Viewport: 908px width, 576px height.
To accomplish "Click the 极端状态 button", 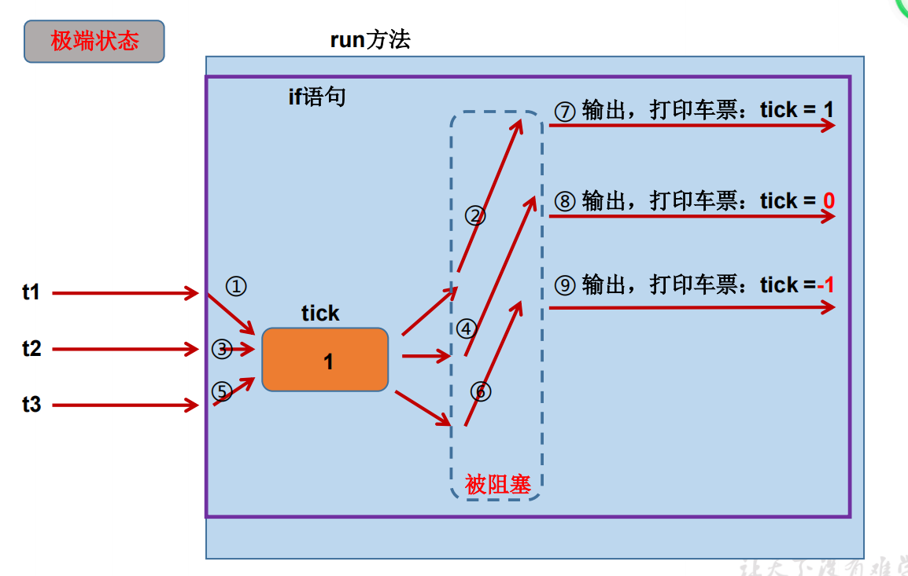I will pyautogui.click(x=94, y=42).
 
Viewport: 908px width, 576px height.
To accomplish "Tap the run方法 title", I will pyautogui.click(x=370, y=40).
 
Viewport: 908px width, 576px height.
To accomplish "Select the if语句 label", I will pyautogui.click(x=317, y=97).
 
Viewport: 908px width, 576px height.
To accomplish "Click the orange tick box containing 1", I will pyautogui.click(x=325, y=360).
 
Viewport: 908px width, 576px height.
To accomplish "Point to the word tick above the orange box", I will pyautogui.click(x=320, y=313).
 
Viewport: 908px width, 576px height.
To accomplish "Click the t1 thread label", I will pyautogui.click(x=31, y=293).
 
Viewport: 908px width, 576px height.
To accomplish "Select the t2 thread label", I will pyautogui.click(x=31, y=349).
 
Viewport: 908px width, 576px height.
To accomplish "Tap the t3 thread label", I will pyautogui.click(x=31, y=405).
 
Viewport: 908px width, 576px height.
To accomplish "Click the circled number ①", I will pyautogui.click(x=235, y=286).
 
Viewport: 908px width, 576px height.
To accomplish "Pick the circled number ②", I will pyautogui.click(x=475, y=215).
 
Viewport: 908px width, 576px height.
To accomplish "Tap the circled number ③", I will pyautogui.click(x=223, y=349).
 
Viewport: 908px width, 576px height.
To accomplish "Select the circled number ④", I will pyautogui.click(x=467, y=328).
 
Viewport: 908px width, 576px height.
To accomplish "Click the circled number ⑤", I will pyautogui.click(x=223, y=391).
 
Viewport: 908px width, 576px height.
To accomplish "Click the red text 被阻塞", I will pyautogui.click(x=498, y=484).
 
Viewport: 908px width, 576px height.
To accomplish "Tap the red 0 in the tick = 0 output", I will pyautogui.click(x=829, y=201).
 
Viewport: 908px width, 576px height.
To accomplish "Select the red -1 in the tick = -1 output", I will pyautogui.click(x=825, y=284).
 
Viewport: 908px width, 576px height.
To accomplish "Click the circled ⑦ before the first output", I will pyautogui.click(x=565, y=111).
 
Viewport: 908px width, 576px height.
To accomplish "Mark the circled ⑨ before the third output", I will pyautogui.click(x=565, y=285).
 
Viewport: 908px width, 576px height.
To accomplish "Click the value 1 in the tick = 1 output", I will pyautogui.click(x=829, y=110).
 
